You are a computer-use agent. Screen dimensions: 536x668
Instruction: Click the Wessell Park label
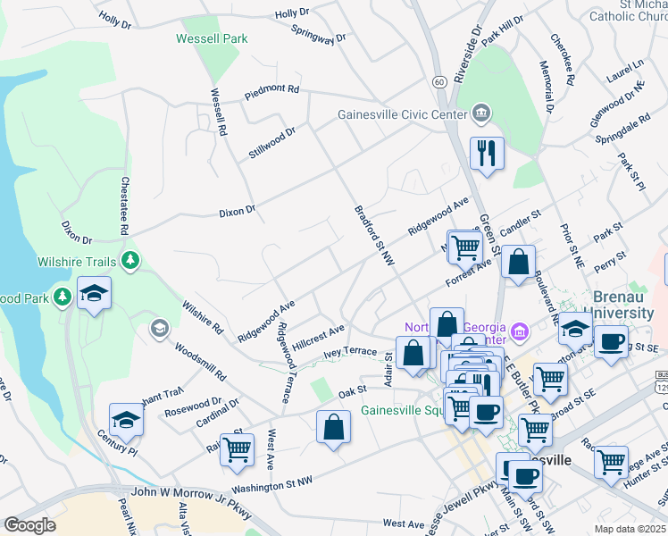[212, 38]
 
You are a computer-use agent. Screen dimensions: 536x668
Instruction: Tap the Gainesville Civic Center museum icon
[480, 113]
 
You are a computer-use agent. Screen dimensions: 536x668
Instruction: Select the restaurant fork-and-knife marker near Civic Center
[487, 153]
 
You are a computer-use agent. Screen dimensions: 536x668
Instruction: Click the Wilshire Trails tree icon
[131, 260]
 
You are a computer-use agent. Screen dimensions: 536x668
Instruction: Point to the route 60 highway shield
[439, 81]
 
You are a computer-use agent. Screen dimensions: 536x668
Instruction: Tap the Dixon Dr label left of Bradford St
[238, 212]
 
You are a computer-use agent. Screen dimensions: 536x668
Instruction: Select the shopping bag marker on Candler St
[518, 263]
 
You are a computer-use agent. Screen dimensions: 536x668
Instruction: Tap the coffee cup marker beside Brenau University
[611, 342]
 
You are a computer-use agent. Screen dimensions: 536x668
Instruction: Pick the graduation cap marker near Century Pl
[127, 421]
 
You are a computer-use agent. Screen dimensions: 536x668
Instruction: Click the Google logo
[29, 525]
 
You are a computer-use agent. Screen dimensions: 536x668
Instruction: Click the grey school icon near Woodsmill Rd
[160, 329]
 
